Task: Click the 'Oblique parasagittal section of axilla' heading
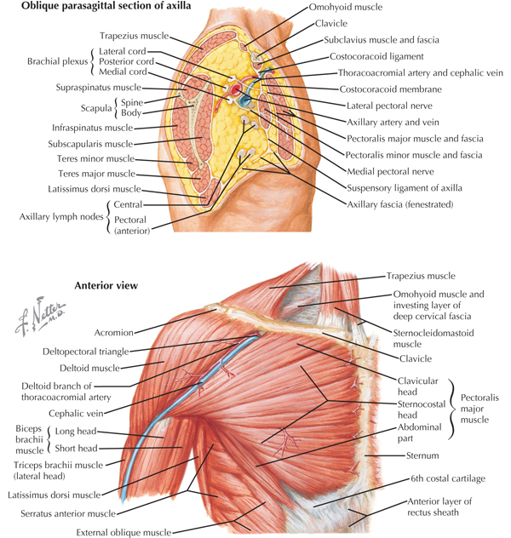(106, 5)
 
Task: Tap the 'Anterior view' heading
(106, 285)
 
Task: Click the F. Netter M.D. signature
(39, 316)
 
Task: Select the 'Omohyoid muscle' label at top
(346, 7)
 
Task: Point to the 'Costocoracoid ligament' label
(376, 57)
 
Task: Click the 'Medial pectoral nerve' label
(390, 172)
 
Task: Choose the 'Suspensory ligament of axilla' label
(405, 188)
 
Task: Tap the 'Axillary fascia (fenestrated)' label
(400, 205)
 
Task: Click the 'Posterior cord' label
(126, 62)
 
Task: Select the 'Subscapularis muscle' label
(90, 144)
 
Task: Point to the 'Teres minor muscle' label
(95, 159)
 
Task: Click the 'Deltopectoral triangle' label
(86, 352)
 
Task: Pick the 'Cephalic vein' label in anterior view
(76, 414)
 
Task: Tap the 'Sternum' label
(422, 455)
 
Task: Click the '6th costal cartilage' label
(448, 479)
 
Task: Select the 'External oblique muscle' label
(123, 533)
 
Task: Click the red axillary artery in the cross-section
(235, 90)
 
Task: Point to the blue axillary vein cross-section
(245, 100)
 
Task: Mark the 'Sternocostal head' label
(422, 409)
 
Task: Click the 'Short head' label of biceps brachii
(76, 449)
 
